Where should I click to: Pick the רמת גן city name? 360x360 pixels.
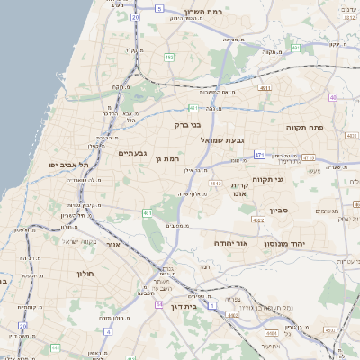click(x=168, y=158)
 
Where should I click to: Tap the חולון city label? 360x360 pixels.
click(x=86, y=273)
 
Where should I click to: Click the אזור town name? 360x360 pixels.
click(x=113, y=245)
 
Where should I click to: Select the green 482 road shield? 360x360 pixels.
click(x=169, y=57)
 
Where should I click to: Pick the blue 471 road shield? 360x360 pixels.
click(x=259, y=155)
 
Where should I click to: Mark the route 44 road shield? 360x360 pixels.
click(x=159, y=304)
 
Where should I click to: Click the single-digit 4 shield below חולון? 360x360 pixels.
click(x=109, y=331)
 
